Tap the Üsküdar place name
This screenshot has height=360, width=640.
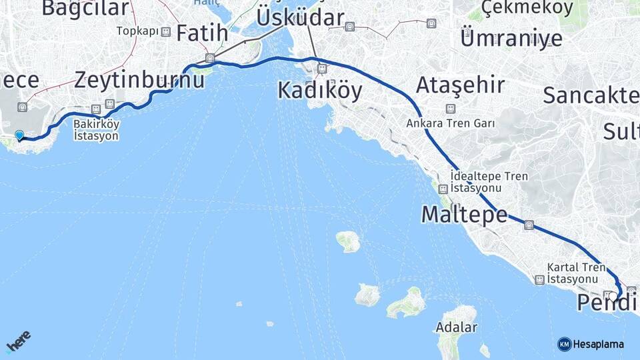300,18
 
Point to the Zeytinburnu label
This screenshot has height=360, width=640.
139,80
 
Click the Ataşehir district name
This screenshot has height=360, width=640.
460,85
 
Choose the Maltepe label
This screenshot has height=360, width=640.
464,214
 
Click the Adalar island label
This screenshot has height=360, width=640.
456,327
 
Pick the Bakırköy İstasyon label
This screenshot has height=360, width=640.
96,130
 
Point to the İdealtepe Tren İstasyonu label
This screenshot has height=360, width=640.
489,182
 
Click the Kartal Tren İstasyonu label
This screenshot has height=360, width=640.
576,272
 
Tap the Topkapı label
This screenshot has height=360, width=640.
137,31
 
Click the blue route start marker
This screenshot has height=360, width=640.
19,135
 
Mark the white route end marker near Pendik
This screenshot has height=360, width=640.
613,296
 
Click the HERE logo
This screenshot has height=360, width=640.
18,341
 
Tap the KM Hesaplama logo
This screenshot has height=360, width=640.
591,344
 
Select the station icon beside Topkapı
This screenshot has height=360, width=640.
165,31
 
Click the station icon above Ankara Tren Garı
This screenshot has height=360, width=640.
451,109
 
